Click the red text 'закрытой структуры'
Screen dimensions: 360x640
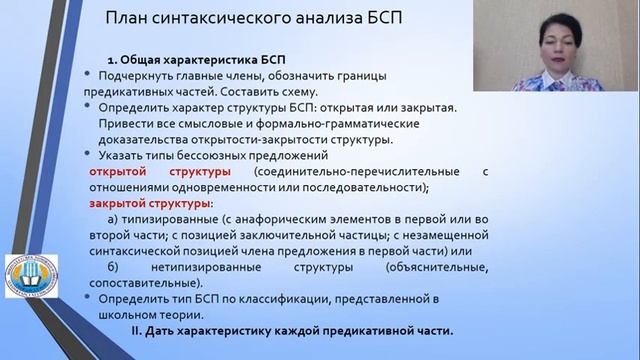coord(147,202)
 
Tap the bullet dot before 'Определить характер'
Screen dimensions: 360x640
coord(91,107)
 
